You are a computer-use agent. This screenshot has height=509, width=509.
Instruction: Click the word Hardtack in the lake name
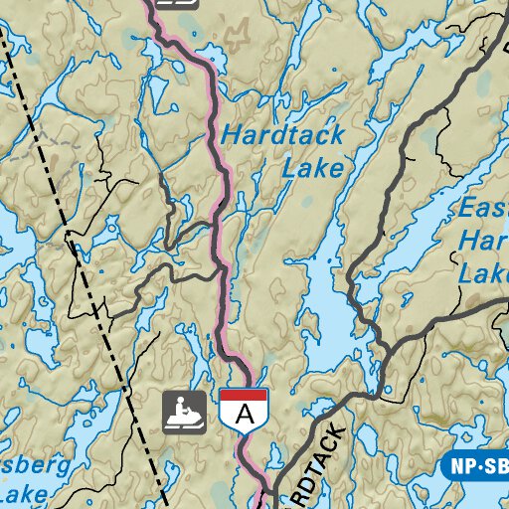[282, 135]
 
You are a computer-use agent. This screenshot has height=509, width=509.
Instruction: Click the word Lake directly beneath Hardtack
[312, 168]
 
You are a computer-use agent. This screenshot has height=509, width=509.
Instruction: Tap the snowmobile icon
[185, 412]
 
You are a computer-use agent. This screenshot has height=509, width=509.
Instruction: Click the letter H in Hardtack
[231, 135]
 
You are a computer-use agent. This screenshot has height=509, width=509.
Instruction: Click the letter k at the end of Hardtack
[338, 135]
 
